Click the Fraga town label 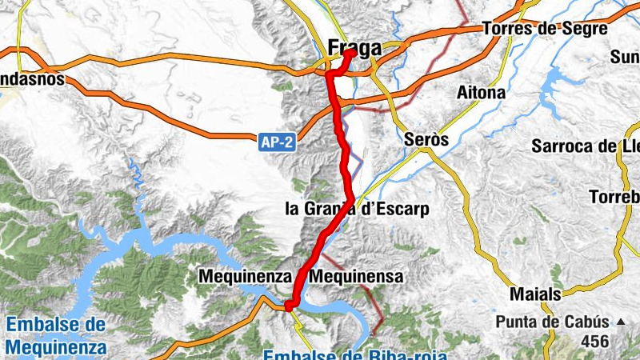pos(354,49)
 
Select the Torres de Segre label pos(544,28)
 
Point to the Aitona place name pos(480,93)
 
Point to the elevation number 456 pos(594,342)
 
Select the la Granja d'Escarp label pos(357,210)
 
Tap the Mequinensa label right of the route pos(357,276)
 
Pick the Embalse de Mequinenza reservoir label pos(55,336)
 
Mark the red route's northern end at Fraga pos(350,53)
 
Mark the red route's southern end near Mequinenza pos(290,304)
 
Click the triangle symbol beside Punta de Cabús pos(620,322)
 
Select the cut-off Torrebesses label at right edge pos(614,197)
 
